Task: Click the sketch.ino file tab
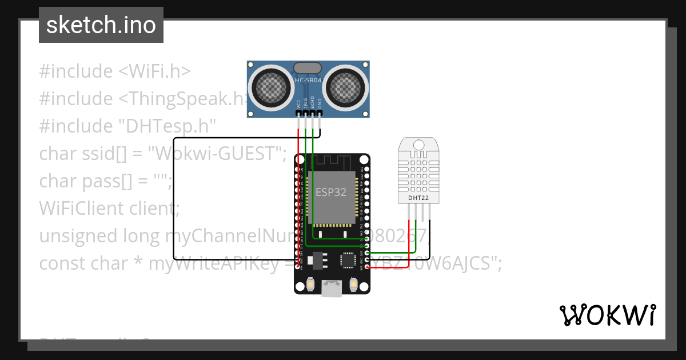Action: pos(101,25)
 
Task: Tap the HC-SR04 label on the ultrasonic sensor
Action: pos(308,81)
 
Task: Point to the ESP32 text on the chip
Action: pos(331,193)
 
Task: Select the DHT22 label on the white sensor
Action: pos(418,198)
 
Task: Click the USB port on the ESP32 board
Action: pos(332,289)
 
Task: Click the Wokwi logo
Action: pos(607,315)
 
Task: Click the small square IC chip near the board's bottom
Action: pos(349,260)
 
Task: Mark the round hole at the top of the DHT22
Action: pos(418,145)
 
